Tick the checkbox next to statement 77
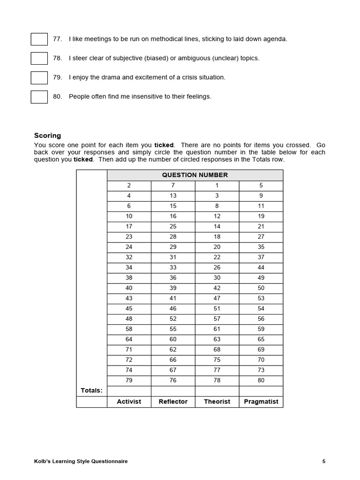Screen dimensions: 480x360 (x=39, y=39)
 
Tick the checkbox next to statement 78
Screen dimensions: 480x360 (x=39, y=59)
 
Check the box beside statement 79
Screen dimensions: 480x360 (x=39, y=78)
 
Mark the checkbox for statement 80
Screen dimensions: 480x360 (x=39, y=97)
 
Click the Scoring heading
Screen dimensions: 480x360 (x=47, y=136)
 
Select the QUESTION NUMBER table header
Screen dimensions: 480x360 (x=195, y=175)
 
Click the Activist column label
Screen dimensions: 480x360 (x=129, y=402)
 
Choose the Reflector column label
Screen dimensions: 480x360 (x=173, y=402)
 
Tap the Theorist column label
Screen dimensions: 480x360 (x=217, y=402)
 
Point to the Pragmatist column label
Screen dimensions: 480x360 (x=261, y=402)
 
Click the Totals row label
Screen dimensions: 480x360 (x=91, y=391)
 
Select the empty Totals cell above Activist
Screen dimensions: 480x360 (x=129, y=391)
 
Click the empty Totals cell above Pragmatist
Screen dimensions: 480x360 (x=261, y=391)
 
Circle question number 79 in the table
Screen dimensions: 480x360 (x=129, y=381)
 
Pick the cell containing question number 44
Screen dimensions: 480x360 (x=261, y=268)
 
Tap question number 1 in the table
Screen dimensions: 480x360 (x=217, y=186)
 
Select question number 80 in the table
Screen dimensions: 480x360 (x=261, y=381)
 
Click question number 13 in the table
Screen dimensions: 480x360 (x=173, y=196)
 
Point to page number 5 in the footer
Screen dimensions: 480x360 (x=323, y=462)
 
